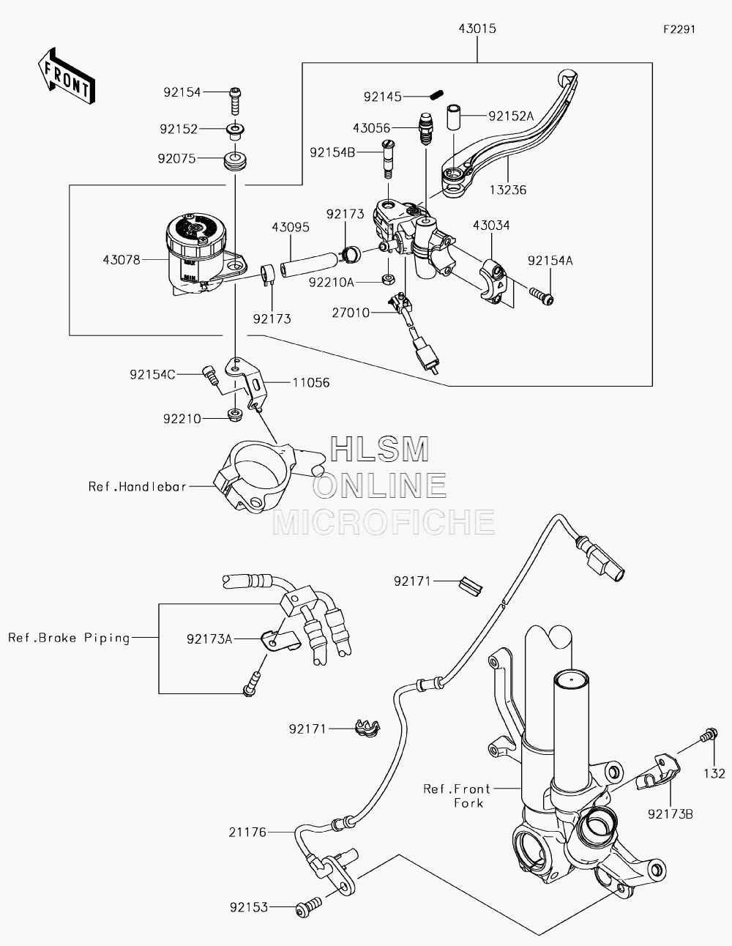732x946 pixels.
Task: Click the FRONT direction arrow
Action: click(x=66, y=76)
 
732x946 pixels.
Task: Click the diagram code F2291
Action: click(x=679, y=29)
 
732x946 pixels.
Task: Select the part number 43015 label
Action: click(x=477, y=29)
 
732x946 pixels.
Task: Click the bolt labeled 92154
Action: click(x=236, y=100)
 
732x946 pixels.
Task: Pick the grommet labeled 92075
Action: click(x=236, y=160)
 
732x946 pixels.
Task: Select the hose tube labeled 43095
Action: click(x=310, y=264)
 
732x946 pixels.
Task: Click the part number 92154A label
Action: click(x=550, y=261)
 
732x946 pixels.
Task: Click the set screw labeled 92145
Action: click(x=436, y=94)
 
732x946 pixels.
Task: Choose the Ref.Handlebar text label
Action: click(x=138, y=486)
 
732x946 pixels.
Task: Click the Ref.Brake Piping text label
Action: click(x=70, y=638)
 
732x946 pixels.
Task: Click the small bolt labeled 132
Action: click(x=709, y=735)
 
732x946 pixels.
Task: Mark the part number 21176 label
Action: click(x=247, y=833)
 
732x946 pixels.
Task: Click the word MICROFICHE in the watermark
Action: click(x=384, y=522)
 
